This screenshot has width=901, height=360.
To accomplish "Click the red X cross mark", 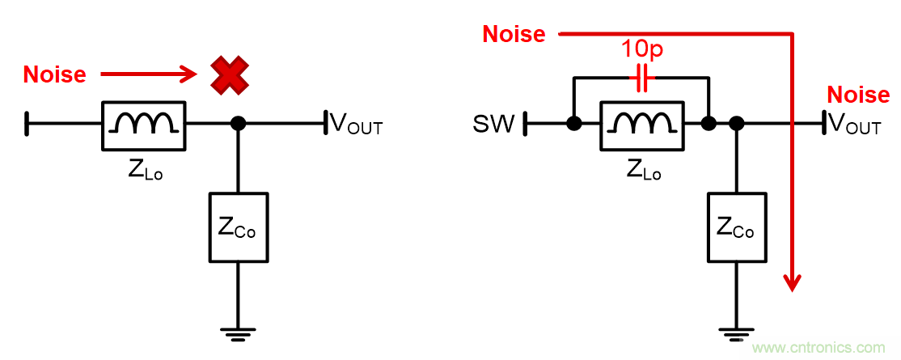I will pyautogui.click(x=230, y=74).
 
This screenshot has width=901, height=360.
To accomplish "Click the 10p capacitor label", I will pyautogui.click(x=641, y=49).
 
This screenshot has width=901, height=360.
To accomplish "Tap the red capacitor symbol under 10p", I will pyautogui.click(x=641, y=78).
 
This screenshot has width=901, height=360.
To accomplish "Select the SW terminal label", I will pyautogui.click(x=494, y=125).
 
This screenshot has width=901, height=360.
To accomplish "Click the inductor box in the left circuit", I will pyautogui.click(x=144, y=125).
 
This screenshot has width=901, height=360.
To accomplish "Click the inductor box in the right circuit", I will pyautogui.click(x=641, y=125).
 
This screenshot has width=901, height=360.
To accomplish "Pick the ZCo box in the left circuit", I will pyautogui.click(x=238, y=227).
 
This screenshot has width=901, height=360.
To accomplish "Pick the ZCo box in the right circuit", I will pyautogui.click(x=736, y=227).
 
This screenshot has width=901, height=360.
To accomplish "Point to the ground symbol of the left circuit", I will pyautogui.click(x=238, y=331).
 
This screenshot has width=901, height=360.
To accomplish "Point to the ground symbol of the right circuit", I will pyautogui.click(x=736, y=331).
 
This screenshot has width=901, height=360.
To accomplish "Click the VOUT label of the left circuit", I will pyautogui.click(x=356, y=125).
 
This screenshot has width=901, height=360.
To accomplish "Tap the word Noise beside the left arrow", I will pyautogui.click(x=54, y=74).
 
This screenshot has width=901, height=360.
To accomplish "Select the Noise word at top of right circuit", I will pyautogui.click(x=514, y=34).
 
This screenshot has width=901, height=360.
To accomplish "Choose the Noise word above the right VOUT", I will pyautogui.click(x=858, y=95).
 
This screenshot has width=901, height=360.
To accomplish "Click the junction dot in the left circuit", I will pyautogui.click(x=238, y=125).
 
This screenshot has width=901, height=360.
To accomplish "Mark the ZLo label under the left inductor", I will pyautogui.click(x=145, y=171).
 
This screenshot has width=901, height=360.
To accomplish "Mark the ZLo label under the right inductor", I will pyautogui.click(x=644, y=171).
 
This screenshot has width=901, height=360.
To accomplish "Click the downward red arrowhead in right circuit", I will pyautogui.click(x=793, y=281).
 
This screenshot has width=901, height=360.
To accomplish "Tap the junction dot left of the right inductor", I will pyautogui.click(x=574, y=125).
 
